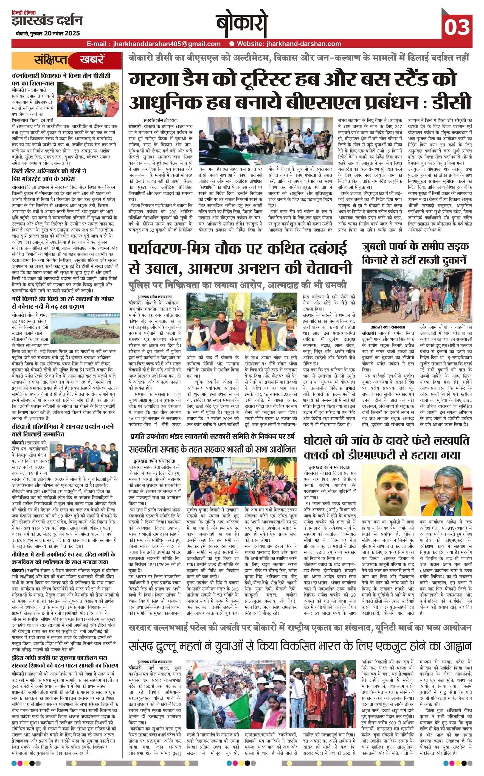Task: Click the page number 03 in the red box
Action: coord(457,27)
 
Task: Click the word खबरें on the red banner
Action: coord(91,60)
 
